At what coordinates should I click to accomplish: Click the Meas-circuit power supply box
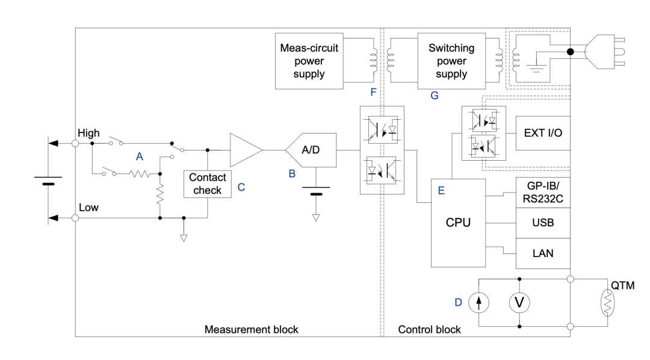[308, 61]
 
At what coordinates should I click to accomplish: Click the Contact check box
[208, 185]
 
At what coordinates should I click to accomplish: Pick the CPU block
[457, 223]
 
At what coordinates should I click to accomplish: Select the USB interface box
[543, 223]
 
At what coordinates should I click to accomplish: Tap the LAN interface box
[543, 253]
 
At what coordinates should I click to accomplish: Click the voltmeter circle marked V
[519, 303]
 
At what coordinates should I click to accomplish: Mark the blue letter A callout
[139, 156]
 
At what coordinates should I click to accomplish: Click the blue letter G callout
[434, 95]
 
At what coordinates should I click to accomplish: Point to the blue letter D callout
[458, 303]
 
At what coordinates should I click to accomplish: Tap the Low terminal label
[88, 207]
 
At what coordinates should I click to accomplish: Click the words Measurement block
[251, 329]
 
